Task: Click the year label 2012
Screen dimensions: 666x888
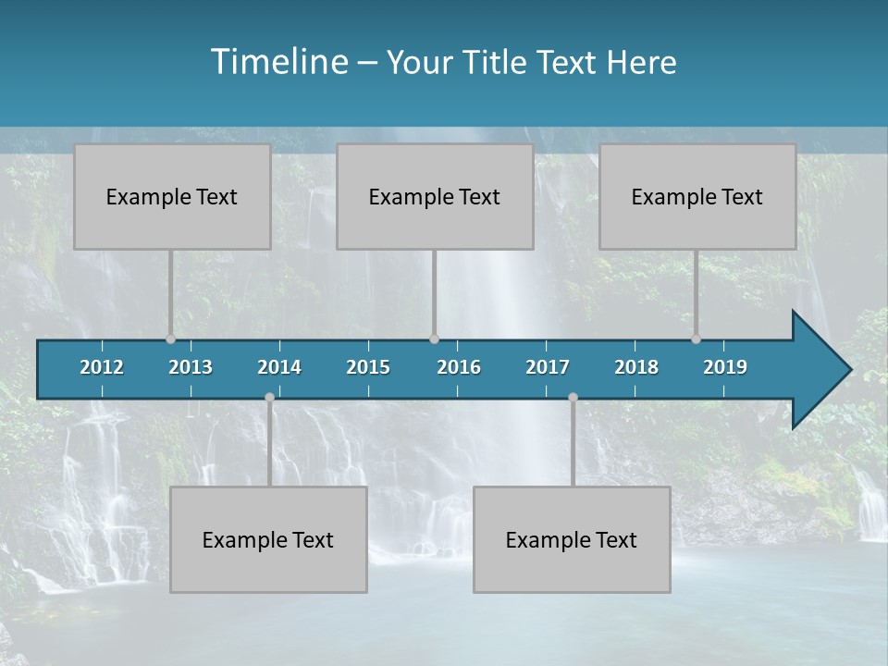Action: click(102, 367)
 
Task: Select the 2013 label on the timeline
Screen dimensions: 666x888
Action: click(191, 367)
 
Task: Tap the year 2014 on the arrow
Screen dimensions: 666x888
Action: click(279, 367)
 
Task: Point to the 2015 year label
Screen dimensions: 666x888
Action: click(368, 367)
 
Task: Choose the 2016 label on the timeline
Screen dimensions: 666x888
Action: click(459, 367)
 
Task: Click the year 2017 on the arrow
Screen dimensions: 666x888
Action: click(548, 367)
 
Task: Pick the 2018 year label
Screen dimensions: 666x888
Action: click(636, 367)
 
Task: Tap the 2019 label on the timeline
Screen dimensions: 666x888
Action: click(725, 367)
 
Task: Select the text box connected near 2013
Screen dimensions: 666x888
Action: click(172, 197)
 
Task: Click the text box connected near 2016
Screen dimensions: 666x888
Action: click(435, 197)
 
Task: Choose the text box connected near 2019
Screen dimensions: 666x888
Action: click(697, 197)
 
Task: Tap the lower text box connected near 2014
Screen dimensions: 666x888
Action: click(268, 540)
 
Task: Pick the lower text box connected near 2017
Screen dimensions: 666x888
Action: click(572, 540)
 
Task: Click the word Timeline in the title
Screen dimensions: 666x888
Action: click(280, 62)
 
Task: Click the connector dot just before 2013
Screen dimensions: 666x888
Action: click(170, 339)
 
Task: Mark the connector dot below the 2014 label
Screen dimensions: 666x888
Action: click(269, 397)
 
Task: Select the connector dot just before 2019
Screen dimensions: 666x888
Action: click(696, 339)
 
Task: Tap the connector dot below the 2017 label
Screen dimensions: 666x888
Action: click(573, 397)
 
